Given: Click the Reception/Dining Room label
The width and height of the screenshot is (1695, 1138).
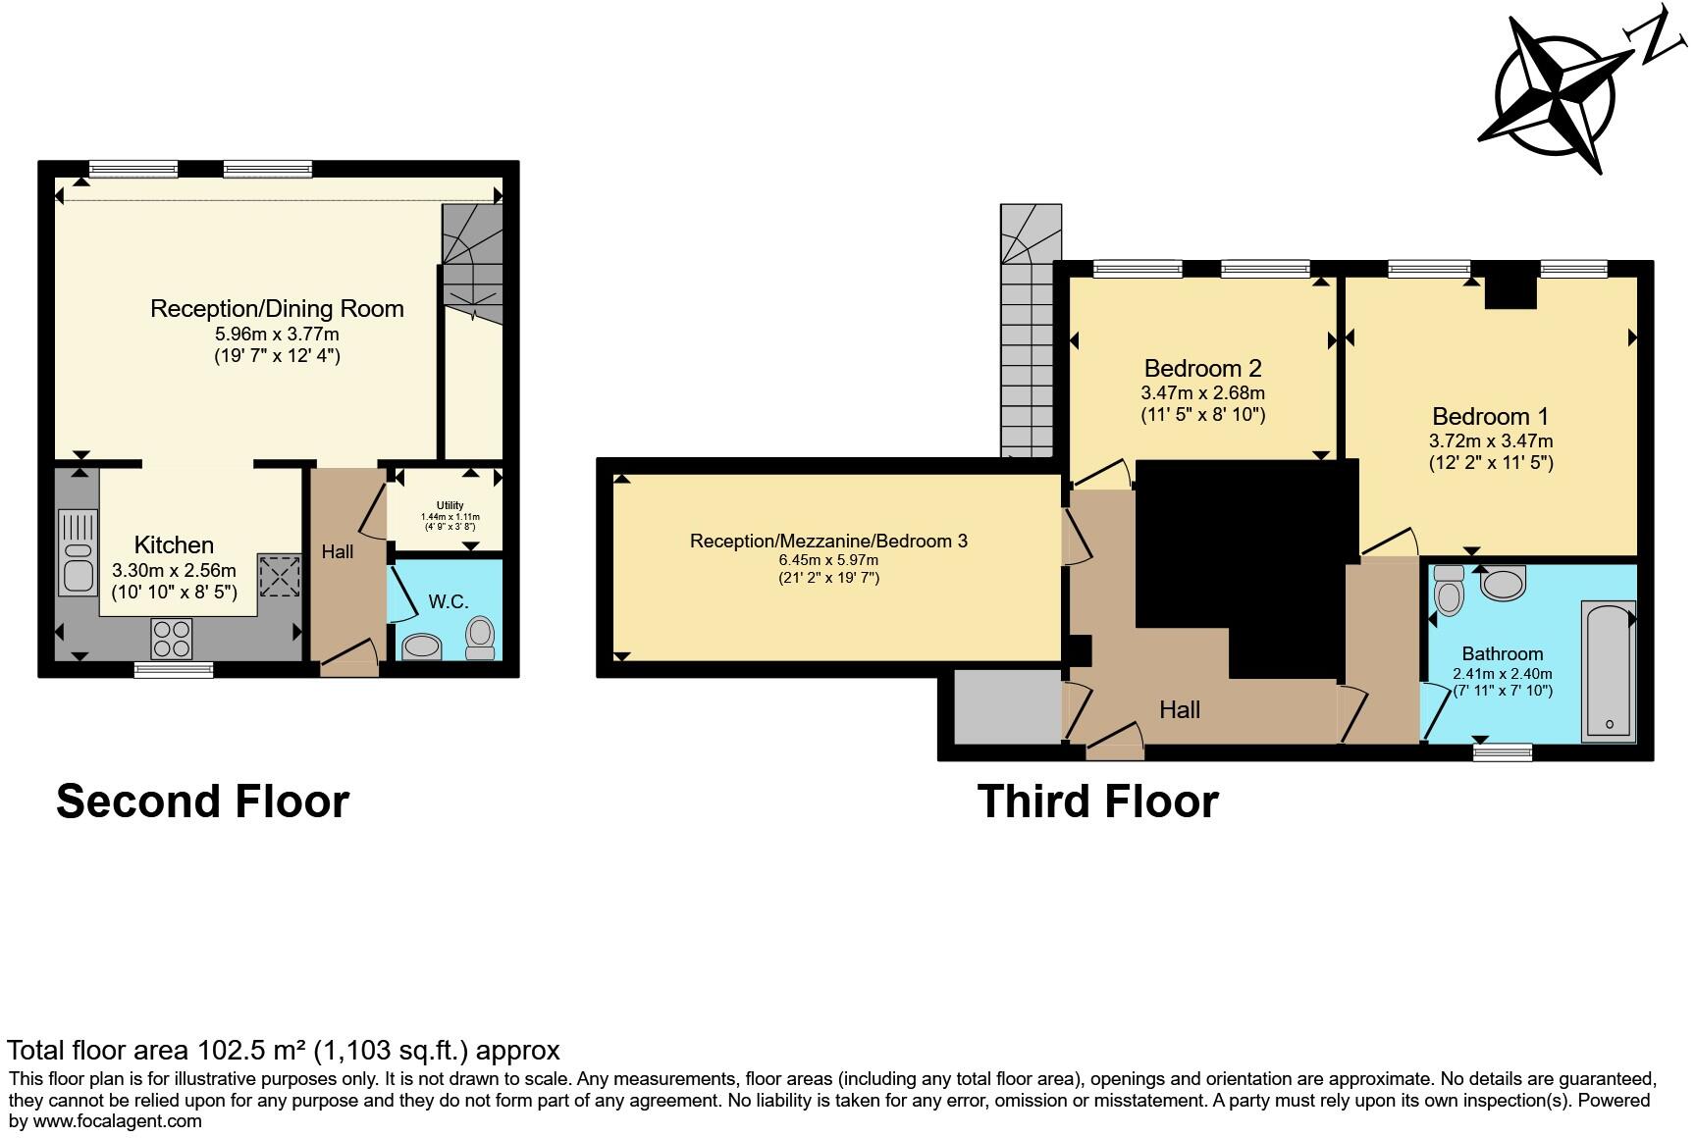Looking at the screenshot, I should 277,309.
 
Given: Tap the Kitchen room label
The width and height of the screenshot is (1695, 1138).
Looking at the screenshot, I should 174,545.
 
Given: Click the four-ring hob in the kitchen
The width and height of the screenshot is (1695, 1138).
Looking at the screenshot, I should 172,639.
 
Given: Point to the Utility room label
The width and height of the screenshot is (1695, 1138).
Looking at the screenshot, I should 450,505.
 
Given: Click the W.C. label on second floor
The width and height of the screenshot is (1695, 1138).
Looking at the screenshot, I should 448,601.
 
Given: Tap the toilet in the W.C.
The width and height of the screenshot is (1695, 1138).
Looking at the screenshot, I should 480,638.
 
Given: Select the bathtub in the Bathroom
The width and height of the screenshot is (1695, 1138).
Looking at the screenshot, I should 1608,669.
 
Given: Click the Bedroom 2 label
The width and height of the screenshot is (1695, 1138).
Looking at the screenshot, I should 1202,369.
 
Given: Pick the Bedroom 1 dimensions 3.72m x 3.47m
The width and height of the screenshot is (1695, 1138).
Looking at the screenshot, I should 1491,441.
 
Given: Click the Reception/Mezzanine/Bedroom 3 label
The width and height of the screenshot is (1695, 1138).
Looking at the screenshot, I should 828,541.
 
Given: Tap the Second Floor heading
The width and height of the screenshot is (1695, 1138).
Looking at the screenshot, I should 202,802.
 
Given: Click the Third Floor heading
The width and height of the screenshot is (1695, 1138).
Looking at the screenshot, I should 1097,802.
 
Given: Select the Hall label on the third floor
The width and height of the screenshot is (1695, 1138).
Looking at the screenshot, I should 1179,710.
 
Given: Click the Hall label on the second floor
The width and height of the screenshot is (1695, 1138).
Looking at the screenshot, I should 337,552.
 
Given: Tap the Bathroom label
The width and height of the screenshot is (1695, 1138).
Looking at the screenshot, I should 1502,654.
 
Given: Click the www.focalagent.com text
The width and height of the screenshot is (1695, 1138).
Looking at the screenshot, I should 118,1121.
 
